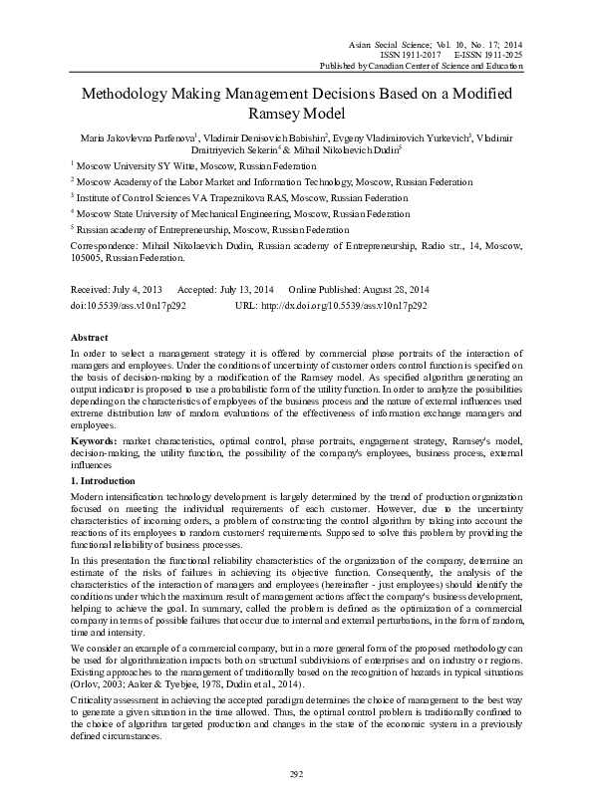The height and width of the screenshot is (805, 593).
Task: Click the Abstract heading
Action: [x=90, y=337]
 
